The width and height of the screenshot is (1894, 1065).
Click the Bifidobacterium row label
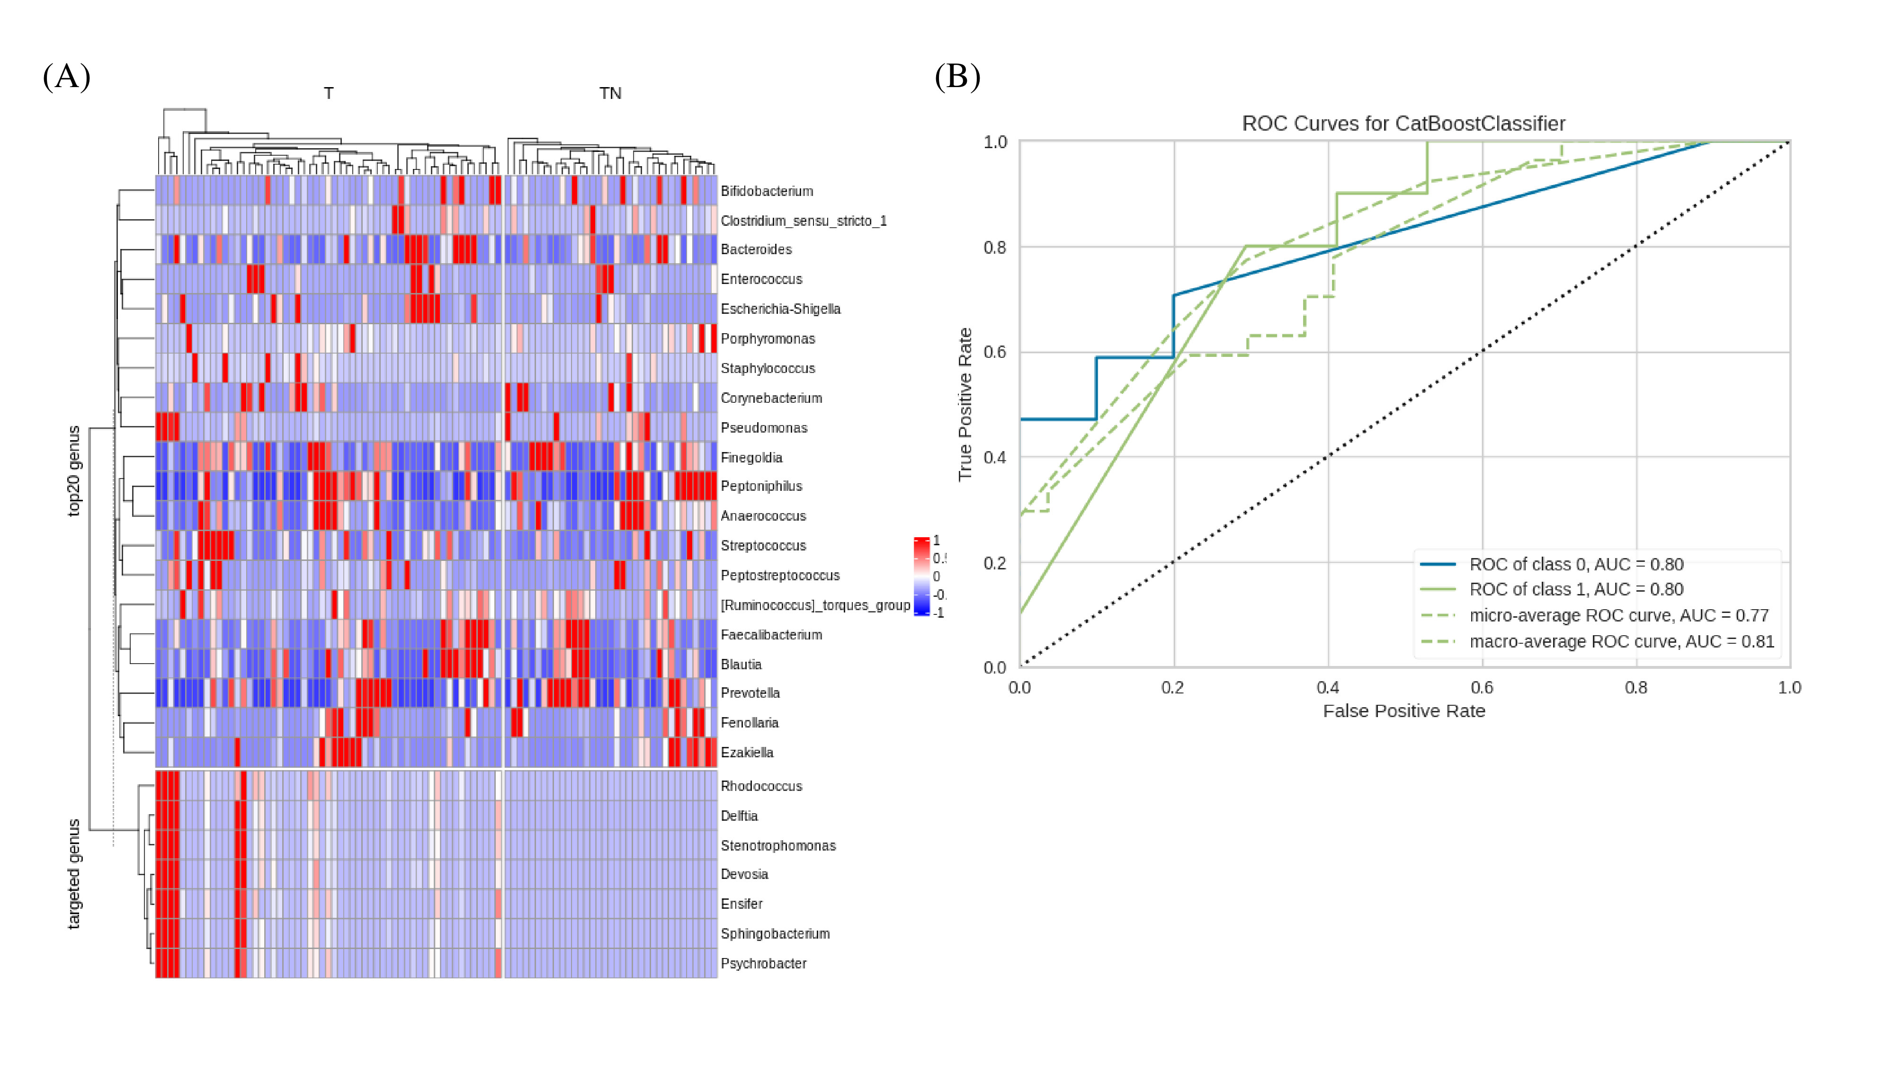tap(767, 191)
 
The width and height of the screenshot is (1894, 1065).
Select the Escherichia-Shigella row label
tap(780, 309)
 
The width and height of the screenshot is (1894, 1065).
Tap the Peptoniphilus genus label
tap(761, 486)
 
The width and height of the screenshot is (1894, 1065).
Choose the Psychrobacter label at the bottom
tap(763, 963)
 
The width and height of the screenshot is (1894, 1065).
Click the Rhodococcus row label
tap(761, 786)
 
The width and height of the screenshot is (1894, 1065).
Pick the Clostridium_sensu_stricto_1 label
tap(804, 221)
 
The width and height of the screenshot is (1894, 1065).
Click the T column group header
tap(329, 93)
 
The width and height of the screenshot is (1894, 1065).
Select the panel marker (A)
tap(66, 76)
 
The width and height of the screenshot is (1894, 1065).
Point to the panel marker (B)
tap(957, 76)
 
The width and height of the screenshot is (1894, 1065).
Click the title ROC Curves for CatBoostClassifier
tap(1403, 124)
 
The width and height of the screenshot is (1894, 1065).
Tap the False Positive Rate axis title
tap(1403, 711)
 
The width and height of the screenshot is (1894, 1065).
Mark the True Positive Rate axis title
tap(965, 404)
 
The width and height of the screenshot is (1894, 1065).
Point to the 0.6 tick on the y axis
tap(995, 352)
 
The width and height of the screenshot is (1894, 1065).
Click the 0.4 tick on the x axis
tap(1328, 688)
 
